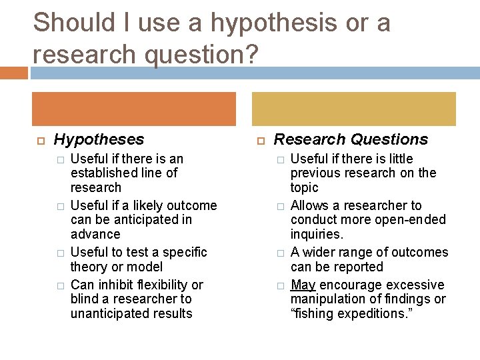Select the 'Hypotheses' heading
[x=99, y=139]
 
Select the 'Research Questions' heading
[x=351, y=139]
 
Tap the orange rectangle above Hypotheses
[x=133, y=109]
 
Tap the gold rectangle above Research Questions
[x=353, y=109]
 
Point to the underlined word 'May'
[x=303, y=285]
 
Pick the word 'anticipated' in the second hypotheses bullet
[x=147, y=220]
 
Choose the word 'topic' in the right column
[x=304, y=188]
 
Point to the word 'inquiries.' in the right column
[x=316, y=234]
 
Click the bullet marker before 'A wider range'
[x=281, y=253]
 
